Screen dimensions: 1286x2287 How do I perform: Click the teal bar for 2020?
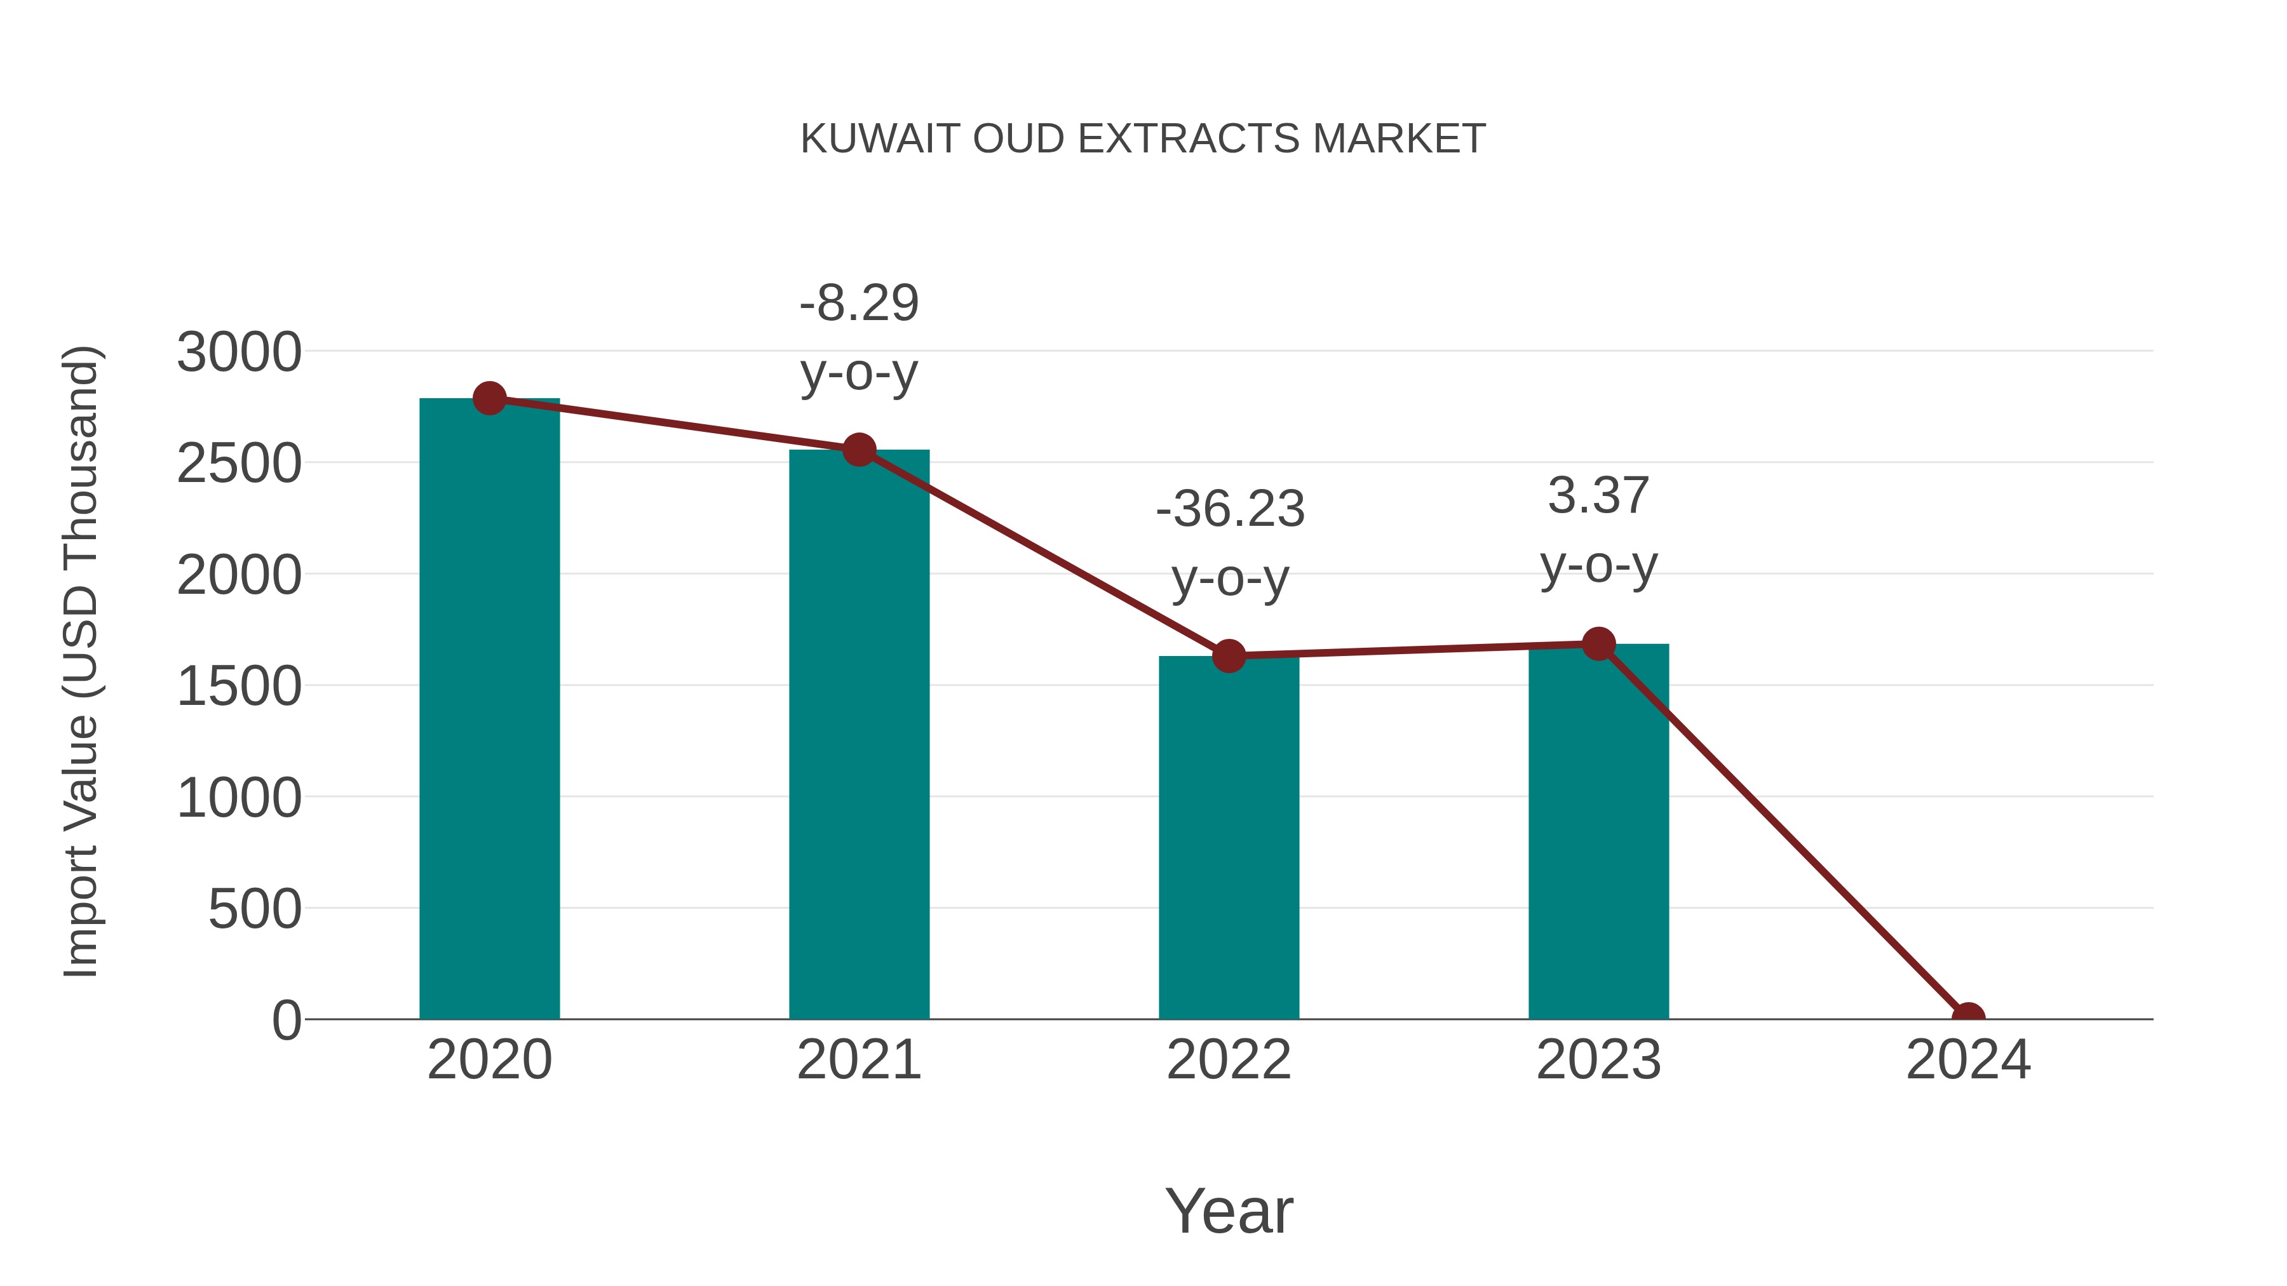tap(489, 710)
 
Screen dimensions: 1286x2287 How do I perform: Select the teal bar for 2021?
tap(858, 737)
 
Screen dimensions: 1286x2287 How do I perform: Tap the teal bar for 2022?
tap(1229, 839)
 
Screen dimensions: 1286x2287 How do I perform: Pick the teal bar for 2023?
tap(1598, 834)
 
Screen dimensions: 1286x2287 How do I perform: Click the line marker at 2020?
tap(489, 398)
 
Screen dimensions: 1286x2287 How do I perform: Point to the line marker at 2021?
tap(858, 450)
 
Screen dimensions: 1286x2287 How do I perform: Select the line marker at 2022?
tap(1229, 656)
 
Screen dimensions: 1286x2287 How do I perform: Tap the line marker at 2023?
tap(1598, 643)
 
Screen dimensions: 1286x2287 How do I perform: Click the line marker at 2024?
tap(1967, 1017)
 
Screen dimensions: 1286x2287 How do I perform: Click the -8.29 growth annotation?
tap(858, 338)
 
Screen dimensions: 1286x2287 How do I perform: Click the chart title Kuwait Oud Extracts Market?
tap(1143, 139)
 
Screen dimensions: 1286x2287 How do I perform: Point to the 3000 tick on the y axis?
tap(239, 352)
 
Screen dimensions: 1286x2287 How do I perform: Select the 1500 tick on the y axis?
tap(239, 686)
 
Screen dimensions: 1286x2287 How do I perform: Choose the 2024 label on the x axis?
tap(1967, 1060)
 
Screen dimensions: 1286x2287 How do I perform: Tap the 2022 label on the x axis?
tap(1229, 1060)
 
